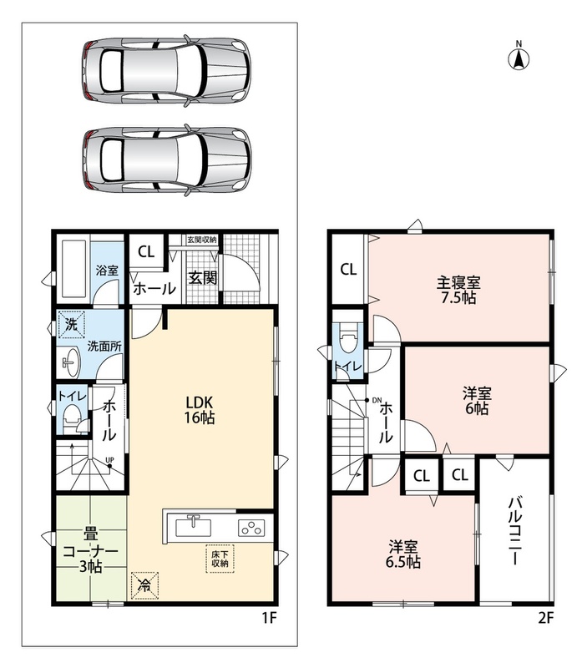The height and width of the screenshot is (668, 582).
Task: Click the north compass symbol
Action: click(519, 57)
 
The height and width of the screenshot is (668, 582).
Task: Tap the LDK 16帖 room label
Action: click(199, 409)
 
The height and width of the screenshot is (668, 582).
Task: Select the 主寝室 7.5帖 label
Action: click(458, 290)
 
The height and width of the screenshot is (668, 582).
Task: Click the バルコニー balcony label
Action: click(514, 531)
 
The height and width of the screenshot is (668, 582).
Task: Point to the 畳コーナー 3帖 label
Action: click(90, 550)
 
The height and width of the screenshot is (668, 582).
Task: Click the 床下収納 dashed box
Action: click(220, 559)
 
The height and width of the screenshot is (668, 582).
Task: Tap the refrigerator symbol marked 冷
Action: click(144, 586)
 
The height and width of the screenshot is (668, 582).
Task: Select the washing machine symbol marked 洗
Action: click(71, 325)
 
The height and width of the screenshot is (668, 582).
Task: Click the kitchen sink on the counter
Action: click(194, 528)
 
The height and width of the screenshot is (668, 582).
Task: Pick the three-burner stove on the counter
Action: click(251, 529)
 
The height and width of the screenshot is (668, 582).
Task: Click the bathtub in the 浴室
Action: click(75, 269)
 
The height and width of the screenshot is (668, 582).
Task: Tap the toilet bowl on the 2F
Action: click(348, 338)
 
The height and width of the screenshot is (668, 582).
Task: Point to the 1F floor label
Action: click(269, 617)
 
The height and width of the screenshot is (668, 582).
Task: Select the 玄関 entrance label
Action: click(203, 278)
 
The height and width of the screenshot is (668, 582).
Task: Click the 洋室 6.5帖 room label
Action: click(403, 554)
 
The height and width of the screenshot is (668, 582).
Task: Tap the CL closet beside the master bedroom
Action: click(348, 269)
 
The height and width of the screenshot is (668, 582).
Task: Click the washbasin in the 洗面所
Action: click(71, 362)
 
